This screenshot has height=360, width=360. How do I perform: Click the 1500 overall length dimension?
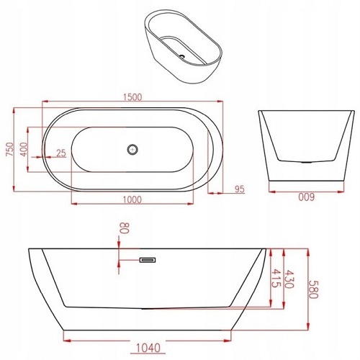coord(130,97)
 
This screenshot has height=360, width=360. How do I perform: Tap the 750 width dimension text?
coord(9,149)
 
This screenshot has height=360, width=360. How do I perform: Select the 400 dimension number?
coord(24,150)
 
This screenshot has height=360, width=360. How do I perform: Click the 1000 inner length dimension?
coord(130,199)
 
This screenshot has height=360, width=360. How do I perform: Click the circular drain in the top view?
coord(131,150)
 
